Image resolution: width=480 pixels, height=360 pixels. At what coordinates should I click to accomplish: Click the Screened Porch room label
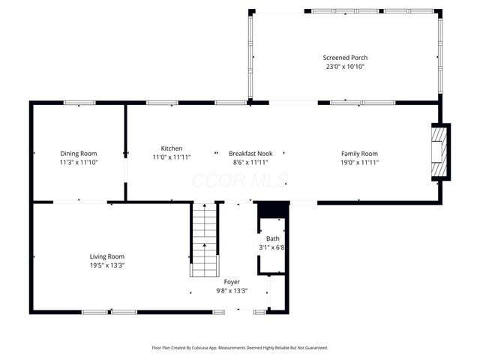[345, 58]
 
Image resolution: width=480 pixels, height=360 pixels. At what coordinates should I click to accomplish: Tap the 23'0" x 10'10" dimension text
[345, 67]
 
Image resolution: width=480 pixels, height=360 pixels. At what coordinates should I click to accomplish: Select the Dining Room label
[79, 154]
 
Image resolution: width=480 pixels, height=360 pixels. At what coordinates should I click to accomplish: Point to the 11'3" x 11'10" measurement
[79, 162]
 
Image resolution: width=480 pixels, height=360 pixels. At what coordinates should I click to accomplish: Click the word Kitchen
[172, 148]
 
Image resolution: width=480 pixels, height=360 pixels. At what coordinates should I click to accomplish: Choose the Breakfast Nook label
[250, 154]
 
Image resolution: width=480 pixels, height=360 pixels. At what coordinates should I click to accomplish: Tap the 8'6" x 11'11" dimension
[250, 162]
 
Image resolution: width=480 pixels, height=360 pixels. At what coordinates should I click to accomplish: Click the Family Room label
[360, 154]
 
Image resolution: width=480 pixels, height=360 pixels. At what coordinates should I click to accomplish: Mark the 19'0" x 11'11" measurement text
[360, 162]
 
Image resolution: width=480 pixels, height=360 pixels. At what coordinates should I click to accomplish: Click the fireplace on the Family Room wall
[439, 153]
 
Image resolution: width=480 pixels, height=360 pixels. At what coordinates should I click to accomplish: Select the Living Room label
[107, 256]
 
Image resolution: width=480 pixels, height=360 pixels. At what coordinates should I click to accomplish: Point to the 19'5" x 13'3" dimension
[107, 265]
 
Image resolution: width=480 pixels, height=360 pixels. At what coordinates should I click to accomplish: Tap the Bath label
[272, 238]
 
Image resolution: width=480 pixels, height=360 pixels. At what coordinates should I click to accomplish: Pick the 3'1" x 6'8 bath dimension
[272, 247]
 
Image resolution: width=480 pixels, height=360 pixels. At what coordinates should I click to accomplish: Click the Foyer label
[232, 282]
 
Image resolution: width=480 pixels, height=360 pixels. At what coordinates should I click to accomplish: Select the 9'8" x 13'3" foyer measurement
[232, 291]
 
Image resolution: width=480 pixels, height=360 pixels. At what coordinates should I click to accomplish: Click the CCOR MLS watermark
[240, 181]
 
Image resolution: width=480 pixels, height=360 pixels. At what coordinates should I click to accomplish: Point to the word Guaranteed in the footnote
[313, 348]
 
